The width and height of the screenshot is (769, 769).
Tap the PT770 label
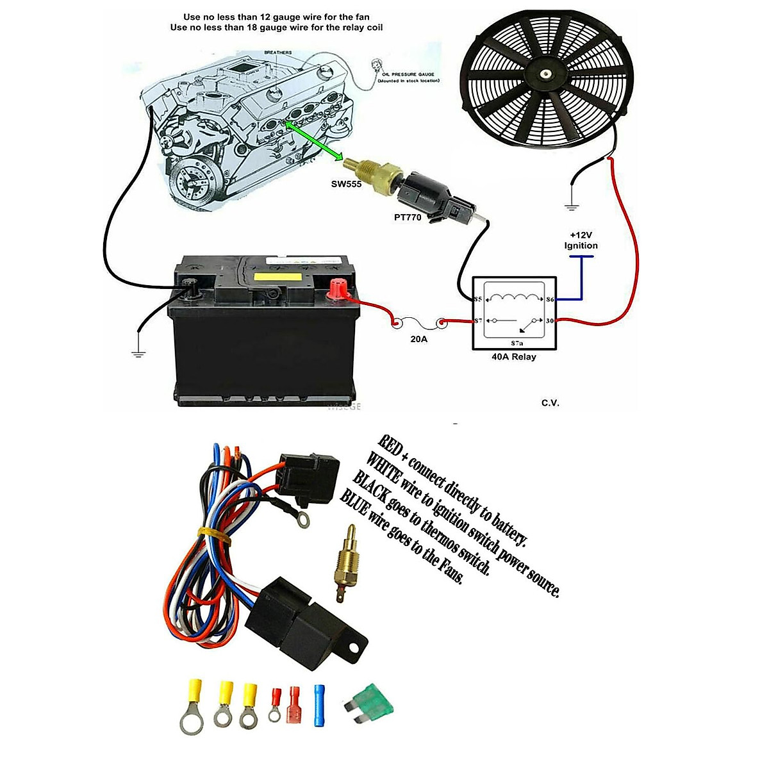click(408, 218)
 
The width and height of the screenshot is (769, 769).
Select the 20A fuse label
click(418, 339)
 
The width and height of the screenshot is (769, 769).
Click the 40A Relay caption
click(513, 357)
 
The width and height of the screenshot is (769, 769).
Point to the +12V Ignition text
click(581, 240)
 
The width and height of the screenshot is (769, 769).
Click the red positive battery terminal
click(336, 291)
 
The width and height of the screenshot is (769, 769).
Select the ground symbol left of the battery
click(138, 352)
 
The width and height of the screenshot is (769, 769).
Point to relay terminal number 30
click(549, 321)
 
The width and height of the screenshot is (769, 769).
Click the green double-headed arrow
click(316, 142)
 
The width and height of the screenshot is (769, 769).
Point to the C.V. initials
click(550, 402)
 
